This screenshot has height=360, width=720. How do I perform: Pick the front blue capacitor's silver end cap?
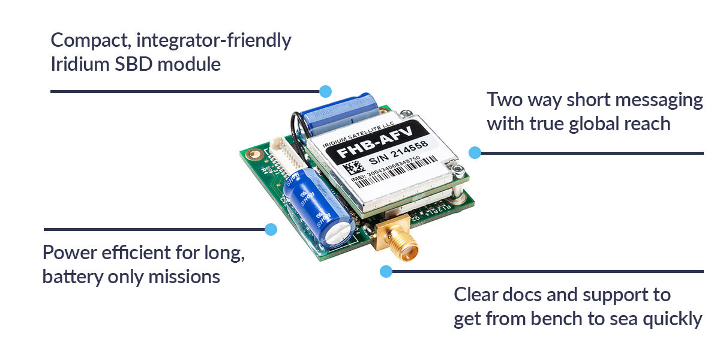[x=340, y=230]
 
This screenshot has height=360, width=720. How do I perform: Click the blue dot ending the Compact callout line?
[x=325, y=91]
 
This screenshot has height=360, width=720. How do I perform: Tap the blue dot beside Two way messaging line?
[x=475, y=153]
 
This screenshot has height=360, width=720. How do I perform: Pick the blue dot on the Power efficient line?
[x=271, y=229]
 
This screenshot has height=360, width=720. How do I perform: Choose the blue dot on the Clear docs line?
[x=386, y=271]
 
